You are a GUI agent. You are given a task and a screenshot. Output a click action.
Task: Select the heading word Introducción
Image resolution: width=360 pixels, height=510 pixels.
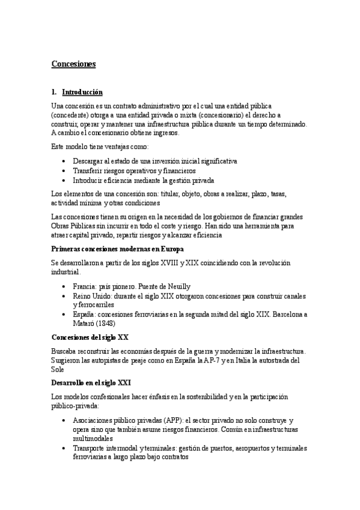pyautogui.click(x=82, y=92)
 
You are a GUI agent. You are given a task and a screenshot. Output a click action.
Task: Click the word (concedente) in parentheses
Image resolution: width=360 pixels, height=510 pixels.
pyautogui.click(x=72, y=115)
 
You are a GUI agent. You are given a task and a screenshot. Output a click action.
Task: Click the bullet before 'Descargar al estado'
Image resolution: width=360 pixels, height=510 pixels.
pyautogui.click(x=64, y=162)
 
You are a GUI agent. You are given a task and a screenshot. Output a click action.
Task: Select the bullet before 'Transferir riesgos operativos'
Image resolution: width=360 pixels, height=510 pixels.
pyautogui.click(x=64, y=171)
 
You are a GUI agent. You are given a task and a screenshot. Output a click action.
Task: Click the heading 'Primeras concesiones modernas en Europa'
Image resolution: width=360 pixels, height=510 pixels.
pyautogui.click(x=117, y=249)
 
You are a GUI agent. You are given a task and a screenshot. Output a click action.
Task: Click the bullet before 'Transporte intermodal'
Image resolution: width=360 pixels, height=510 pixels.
pyautogui.click(x=64, y=448)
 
